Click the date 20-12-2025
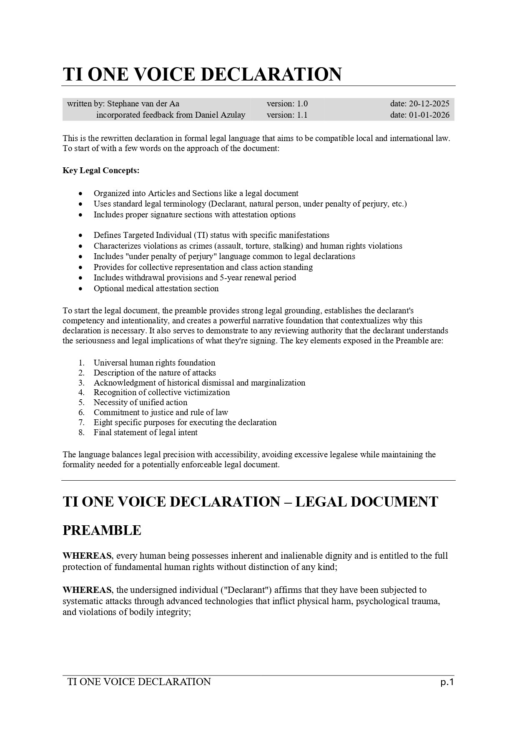(429, 104)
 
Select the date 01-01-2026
(429, 115)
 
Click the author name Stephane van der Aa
(143, 104)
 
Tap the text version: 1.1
(287, 115)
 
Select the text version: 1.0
(287, 104)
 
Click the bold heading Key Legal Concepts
(101, 171)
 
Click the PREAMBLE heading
(102, 530)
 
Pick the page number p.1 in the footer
(447, 682)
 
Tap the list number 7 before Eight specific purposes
(82, 422)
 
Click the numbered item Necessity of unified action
(141, 402)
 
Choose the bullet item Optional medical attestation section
(156, 288)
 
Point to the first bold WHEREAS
(87, 556)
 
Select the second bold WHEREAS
(87, 590)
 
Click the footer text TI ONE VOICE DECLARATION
(139, 682)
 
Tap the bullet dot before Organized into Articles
(80, 194)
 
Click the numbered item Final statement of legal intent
(146, 432)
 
